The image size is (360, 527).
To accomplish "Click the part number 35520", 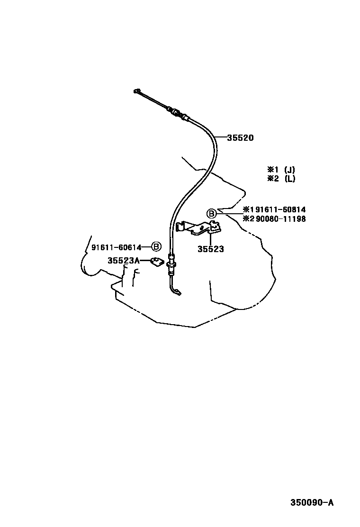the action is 241,137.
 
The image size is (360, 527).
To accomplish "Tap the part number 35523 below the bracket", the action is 211,249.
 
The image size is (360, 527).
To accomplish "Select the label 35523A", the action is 124,261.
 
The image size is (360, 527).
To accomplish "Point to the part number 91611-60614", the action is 117,248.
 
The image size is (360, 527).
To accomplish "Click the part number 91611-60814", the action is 280,210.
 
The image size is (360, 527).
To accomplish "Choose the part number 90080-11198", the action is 281,219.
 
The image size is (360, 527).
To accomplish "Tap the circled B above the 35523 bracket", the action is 211,213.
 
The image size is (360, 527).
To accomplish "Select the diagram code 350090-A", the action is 312,502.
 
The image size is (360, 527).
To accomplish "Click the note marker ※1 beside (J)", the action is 273,169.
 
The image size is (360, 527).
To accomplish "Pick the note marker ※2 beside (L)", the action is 273,179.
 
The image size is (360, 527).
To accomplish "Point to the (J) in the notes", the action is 290,169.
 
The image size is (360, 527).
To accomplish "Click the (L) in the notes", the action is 290,179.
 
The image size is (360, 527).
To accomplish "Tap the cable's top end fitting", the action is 136,91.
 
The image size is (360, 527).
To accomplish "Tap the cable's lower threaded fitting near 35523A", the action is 171,263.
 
